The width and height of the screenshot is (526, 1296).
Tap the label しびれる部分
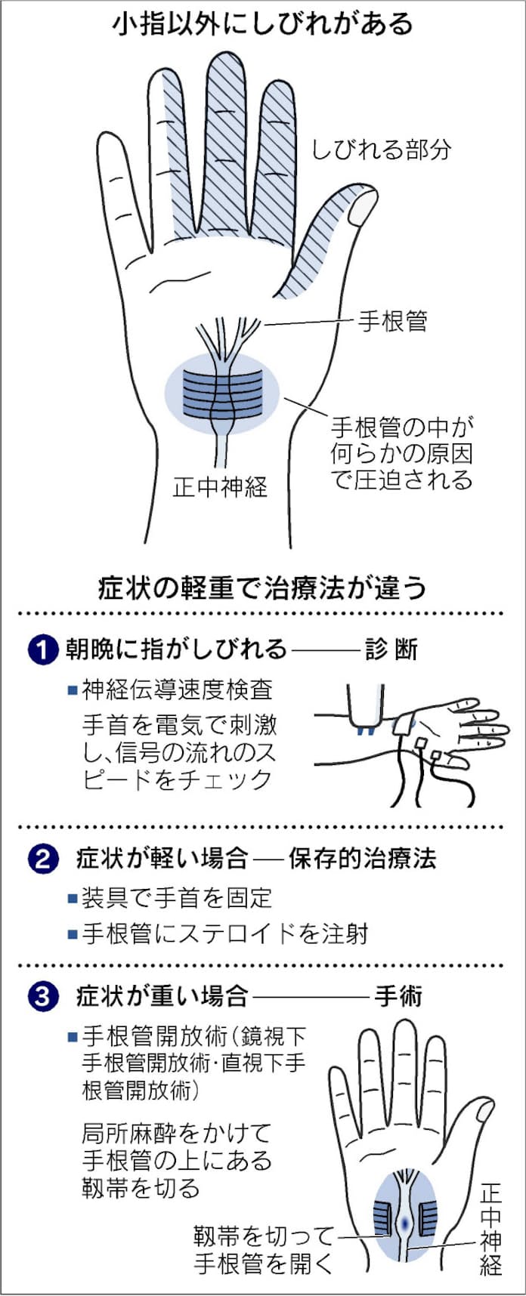(381, 149)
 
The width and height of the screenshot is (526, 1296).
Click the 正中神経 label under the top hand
(220, 487)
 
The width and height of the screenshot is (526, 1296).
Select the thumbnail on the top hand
(364, 206)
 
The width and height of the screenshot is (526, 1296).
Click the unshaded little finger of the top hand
(117, 189)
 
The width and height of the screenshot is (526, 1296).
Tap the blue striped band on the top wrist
(222, 393)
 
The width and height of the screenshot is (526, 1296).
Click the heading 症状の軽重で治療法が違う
(262, 587)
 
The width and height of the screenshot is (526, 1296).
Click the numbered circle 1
(42, 650)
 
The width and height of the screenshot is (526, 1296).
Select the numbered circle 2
(42, 859)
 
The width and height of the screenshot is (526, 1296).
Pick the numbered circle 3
(42, 997)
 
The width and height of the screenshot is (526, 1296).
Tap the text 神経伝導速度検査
(177, 689)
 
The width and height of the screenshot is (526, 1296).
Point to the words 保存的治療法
(362, 859)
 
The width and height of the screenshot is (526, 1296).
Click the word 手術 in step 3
(398, 996)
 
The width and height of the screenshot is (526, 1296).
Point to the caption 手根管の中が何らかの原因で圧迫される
(401, 454)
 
